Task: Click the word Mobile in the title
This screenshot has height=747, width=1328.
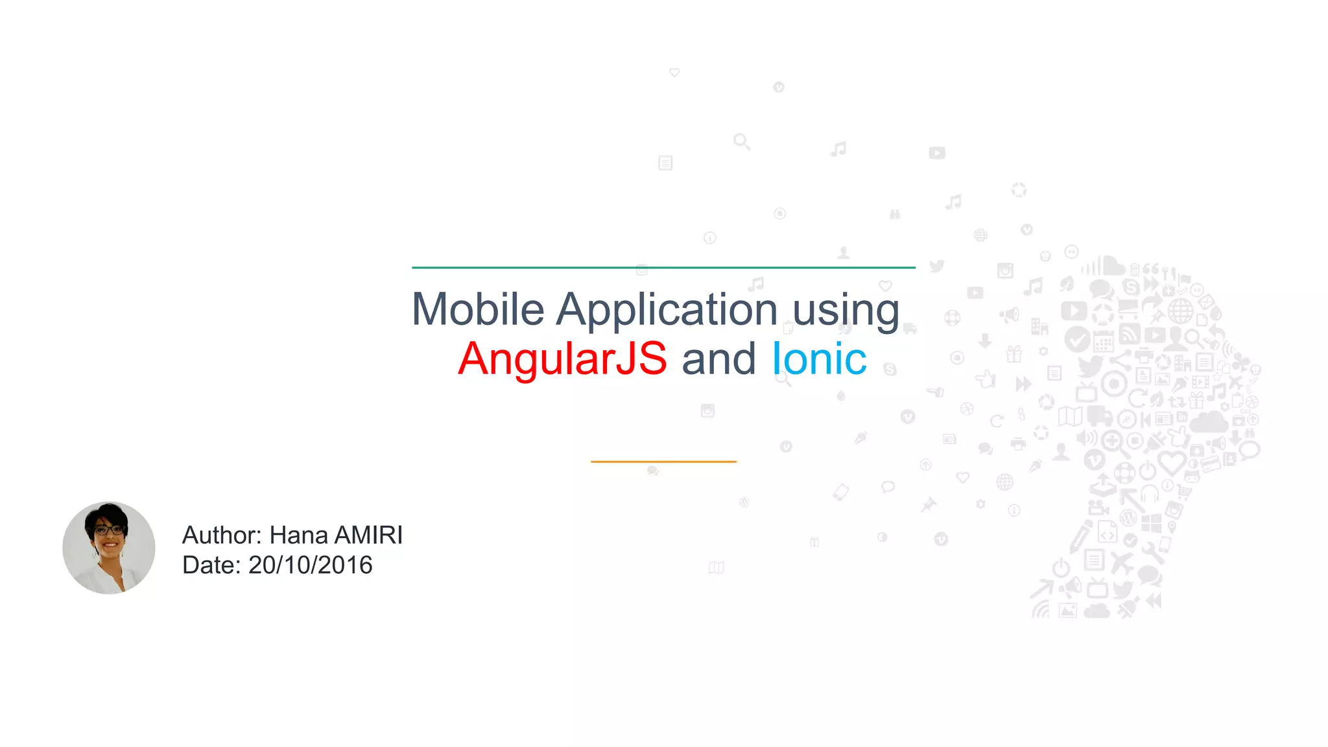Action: click(x=478, y=309)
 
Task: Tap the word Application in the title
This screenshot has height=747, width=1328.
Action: click(x=667, y=309)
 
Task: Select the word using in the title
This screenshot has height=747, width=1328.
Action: click(x=846, y=309)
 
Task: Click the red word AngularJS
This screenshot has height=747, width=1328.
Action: click(x=562, y=359)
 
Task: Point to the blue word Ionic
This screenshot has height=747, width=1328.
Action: click(x=819, y=359)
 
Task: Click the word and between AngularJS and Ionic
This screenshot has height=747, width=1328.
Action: click(x=718, y=359)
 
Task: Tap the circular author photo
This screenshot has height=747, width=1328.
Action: click(x=109, y=548)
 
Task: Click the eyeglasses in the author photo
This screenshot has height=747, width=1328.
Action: click(x=109, y=530)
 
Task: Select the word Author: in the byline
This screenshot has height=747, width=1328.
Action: click(x=222, y=536)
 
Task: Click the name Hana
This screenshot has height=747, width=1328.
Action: click(x=298, y=536)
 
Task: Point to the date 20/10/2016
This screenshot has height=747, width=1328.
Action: click(x=310, y=565)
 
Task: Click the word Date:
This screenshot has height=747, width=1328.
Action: click(x=211, y=565)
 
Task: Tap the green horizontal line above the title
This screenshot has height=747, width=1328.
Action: click(x=663, y=267)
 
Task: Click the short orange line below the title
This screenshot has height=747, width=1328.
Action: click(x=663, y=462)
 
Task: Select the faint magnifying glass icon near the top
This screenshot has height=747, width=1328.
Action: click(x=742, y=141)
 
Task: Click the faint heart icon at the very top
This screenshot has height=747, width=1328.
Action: click(x=674, y=73)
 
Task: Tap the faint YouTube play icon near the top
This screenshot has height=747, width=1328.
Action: click(x=937, y=153)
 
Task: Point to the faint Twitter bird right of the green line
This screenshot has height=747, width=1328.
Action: click(x=936, y=266)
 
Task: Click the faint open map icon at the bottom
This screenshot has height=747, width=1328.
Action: click(x=716, y=567)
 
